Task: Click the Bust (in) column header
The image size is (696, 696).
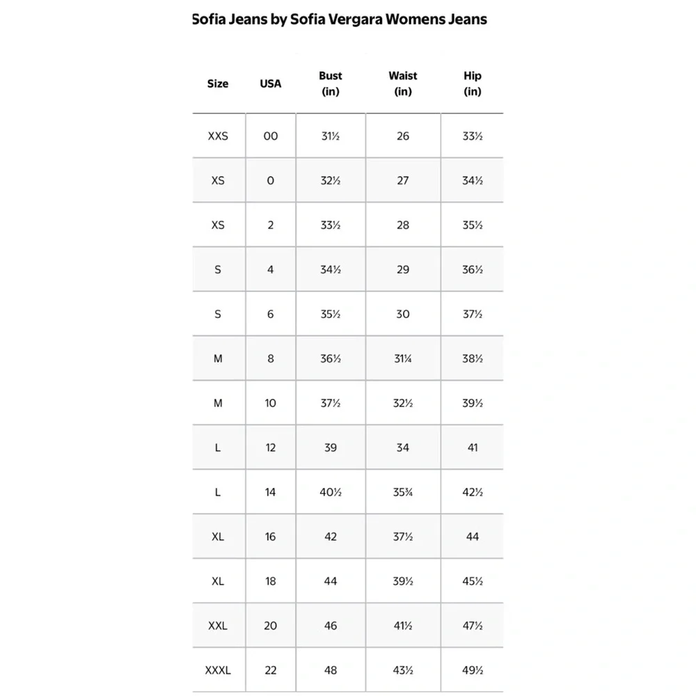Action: (x=331, y=84)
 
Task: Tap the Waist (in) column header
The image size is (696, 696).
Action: (x=403, y=84)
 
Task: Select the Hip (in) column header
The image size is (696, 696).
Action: (x=473, y=84)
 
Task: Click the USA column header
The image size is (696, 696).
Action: (x=271, y=84)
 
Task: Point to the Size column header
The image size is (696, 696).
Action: (x=218, y=84)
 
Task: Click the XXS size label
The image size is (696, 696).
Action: (x=218, y=136)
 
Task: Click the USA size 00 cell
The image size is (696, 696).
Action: (x=271, y=136)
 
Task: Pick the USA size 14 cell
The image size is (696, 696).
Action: (x=271, y=493)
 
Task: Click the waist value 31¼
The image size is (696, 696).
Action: (x=403, y=359)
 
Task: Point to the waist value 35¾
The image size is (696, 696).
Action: (x=403, y=493)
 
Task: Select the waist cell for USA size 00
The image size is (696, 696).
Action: (x=403, y=136)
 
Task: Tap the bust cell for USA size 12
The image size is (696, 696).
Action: (x=331, y=448)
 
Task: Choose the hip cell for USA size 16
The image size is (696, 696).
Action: (x=473, y=537)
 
